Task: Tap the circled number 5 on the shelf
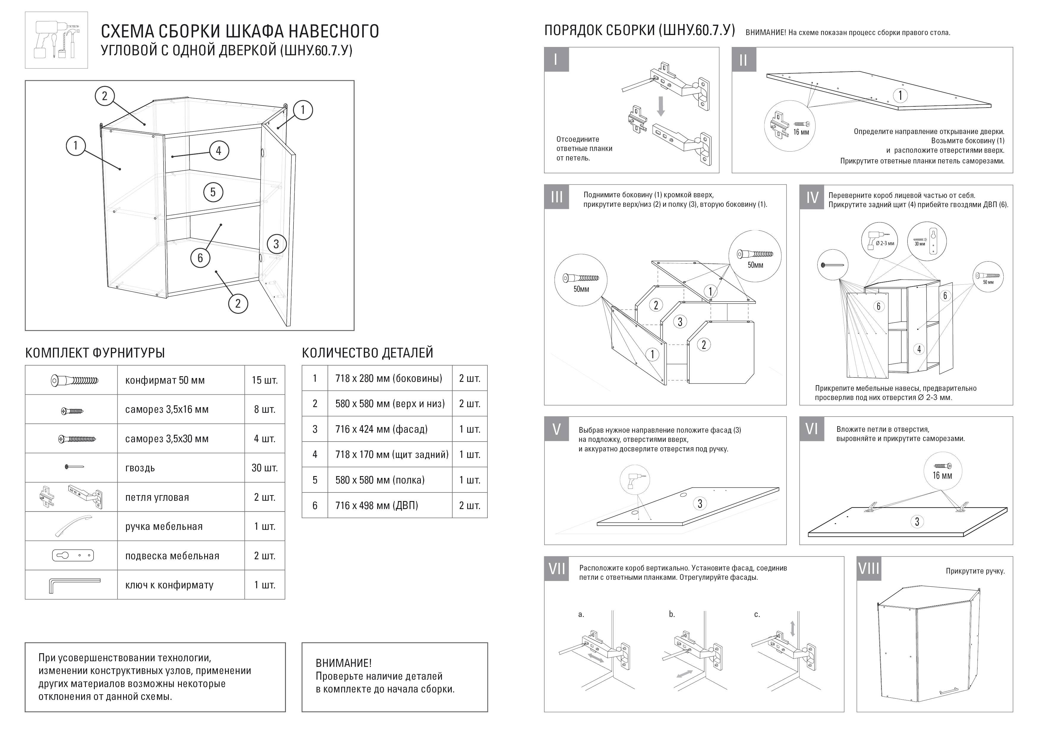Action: (213, 192)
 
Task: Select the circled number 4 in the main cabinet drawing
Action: (219, 151)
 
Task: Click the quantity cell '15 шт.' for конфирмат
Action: (265, 380)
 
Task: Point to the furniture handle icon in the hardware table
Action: (73, 526)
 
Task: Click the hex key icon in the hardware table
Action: (73, 585)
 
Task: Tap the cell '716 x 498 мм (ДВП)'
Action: (377, 505)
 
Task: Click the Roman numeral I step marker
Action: (556, 59)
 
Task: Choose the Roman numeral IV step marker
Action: (812, 197)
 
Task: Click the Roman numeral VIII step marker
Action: (868, 569)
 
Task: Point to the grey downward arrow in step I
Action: (661, 106)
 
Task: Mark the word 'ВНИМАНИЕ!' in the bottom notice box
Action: (344, 663)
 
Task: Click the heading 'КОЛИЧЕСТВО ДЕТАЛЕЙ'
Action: (368, 353)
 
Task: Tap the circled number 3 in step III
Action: (680, 322)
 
